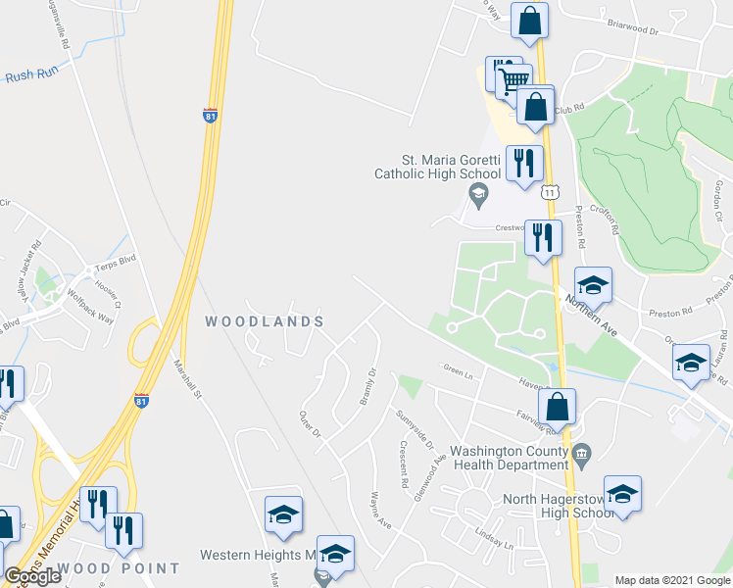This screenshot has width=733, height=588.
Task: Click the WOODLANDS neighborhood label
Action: [x=264, y=321]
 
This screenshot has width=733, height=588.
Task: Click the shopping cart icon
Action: [x=511, y=76]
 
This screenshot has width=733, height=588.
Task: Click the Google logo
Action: [x=32, y=576]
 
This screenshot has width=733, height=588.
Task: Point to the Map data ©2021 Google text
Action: [x=672, y=580]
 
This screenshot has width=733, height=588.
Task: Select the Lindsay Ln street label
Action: [x=494, y=539]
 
